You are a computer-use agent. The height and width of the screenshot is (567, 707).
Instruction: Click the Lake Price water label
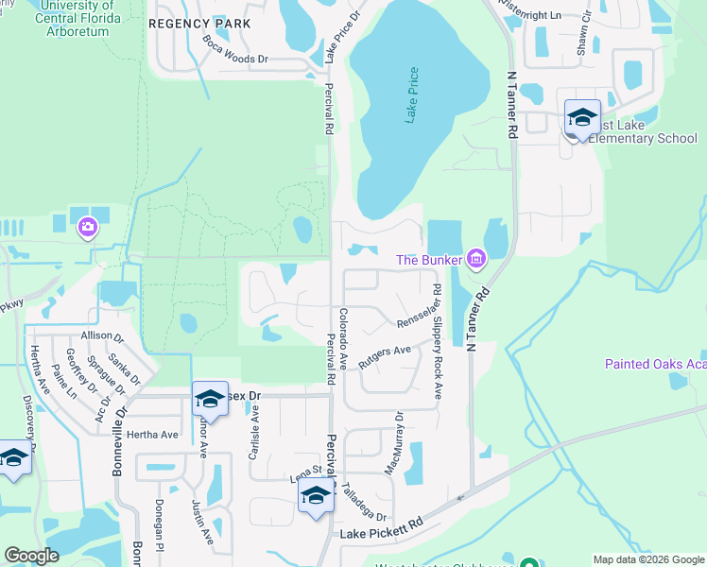pos(411,95)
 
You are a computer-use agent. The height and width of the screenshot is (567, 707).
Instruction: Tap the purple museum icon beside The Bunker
pos(475,258)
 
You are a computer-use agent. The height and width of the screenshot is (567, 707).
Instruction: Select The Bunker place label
pos(428,260)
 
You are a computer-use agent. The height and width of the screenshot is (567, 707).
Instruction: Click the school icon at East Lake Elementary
pos(582,118)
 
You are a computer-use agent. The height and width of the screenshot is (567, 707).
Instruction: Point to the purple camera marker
pos(88,226)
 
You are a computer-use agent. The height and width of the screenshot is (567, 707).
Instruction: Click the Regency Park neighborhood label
pos(200,24)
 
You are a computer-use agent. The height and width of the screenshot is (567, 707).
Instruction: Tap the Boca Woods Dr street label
pos(235,50)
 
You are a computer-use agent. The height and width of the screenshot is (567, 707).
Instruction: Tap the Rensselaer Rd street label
pos(401,329)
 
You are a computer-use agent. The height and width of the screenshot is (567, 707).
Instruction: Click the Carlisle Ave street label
pos(253,432)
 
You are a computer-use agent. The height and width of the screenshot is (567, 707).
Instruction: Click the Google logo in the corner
pos(31,556)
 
